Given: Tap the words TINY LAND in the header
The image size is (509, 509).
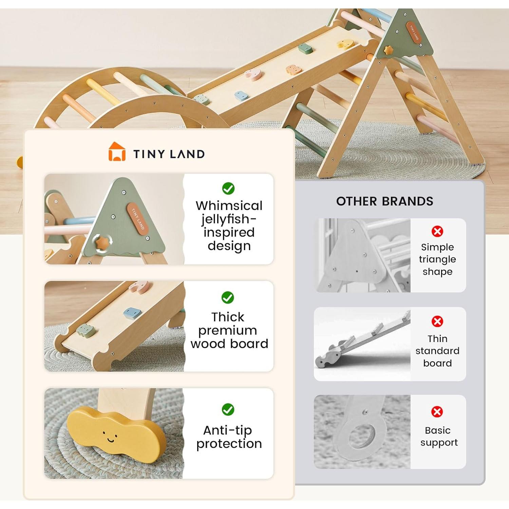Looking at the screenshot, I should pos(169,154).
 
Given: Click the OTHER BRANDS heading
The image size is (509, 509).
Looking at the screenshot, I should pos(384,201).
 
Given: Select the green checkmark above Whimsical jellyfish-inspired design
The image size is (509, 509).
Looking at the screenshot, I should pos(228,188).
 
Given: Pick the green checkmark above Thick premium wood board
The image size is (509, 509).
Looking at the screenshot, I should pos(228,298).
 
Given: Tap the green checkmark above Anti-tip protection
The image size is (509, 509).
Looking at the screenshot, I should pos(228,410).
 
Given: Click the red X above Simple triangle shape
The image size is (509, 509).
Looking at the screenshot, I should pos(437,231).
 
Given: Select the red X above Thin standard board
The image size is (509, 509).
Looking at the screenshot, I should pos(437,321).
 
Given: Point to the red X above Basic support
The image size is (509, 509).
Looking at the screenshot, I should pos(437,412).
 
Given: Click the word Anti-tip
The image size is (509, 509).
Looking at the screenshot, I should pos(228,430).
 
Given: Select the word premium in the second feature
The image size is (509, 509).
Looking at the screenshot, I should pos(228,330).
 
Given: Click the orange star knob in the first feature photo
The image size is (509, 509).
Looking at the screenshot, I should pos(102,243).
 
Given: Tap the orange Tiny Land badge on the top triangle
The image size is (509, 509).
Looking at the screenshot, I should pos(414,33).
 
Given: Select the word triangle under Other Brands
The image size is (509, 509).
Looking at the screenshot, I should pos(437,260).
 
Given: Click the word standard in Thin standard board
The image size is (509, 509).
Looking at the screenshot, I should pos(437,351).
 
